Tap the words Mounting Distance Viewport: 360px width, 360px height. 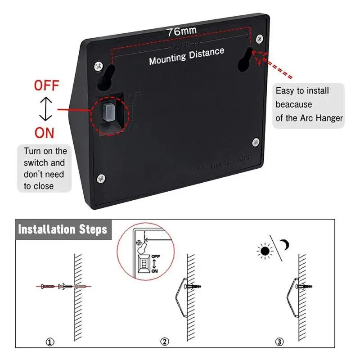click(186, 56)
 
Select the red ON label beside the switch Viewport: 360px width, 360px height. click(44, 133)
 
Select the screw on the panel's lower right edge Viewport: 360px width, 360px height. click(256, 143)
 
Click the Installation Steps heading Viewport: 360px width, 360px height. click(63, 229)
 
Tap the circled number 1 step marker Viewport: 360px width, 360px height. click(50, 342)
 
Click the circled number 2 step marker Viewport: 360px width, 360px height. click(165, 342)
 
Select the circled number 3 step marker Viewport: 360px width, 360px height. click(280, 342)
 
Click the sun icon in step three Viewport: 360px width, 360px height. click(265, 250)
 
